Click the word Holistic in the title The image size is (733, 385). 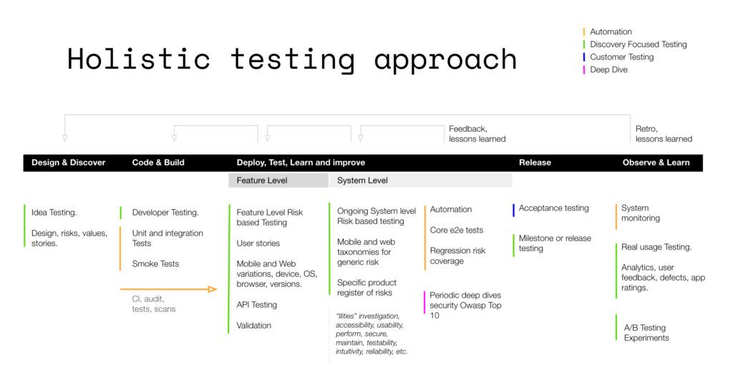(x=139, y=59)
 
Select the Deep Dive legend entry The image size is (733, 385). (x=608, y=70)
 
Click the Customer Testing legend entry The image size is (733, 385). (x=621, y=57)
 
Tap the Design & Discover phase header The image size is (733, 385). (x=68, y=162)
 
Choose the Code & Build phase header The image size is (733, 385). (x=158, y=162)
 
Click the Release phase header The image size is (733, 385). (x=535, y=162)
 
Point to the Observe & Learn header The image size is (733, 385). (x=656, y=162)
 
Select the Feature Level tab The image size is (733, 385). (x=262, y=180)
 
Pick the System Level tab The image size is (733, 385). (x=362, y=180)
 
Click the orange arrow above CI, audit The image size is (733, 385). (x=169, y=289)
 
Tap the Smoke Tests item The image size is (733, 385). (x=155, y=264)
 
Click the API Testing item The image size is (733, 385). (x=256, y=305)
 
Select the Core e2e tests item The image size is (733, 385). (x=456, y=230)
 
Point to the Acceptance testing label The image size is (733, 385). (x=553, y=208)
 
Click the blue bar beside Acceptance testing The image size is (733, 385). (x=513, y=210)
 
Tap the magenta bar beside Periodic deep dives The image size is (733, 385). (x=424, y=302)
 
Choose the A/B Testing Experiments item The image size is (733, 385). (x=646, y=333)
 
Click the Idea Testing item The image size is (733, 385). (x=54, y=213)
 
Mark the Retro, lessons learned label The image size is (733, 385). (x=664, y=134)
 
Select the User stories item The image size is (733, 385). (x=258, y=243)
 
